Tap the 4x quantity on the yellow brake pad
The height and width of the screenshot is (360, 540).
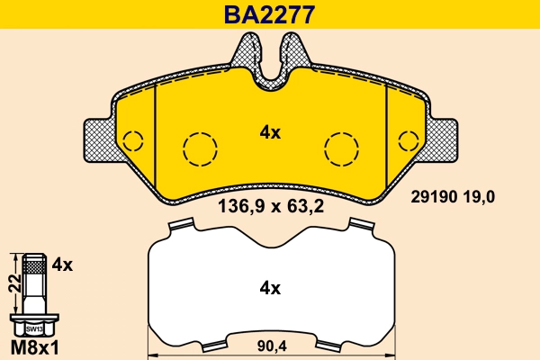(x=270, y=132)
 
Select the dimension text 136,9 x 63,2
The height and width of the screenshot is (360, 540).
(x=271, y=205)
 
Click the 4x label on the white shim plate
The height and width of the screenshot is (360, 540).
(x=270, y=289)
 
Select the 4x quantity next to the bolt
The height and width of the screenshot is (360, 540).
(x=61, y=265)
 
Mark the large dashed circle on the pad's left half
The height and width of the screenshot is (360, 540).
(x=199, y=148)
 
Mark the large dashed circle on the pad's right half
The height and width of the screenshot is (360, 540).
(x=341, y=148)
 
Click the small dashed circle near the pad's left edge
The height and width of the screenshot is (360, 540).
(x=133, y=141)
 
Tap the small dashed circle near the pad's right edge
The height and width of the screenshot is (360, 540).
(x=407, y=141)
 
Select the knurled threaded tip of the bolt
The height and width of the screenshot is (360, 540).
(x=34, y=266)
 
